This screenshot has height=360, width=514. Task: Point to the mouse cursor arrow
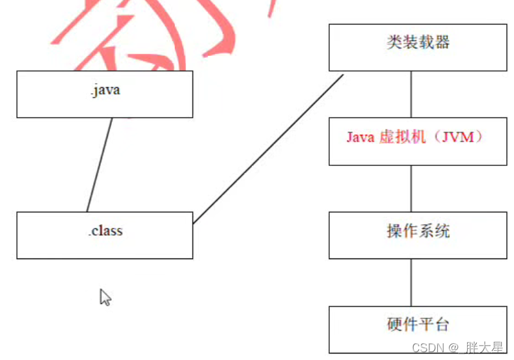click(104, 297)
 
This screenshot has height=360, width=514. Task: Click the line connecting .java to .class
click(100, 165)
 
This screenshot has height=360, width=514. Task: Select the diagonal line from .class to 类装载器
click(268, 148)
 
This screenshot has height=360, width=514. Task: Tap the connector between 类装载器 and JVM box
click(411, 94)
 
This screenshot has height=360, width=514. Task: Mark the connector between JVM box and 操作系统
click(411, 188)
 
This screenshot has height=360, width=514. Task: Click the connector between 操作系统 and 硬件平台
click(411, 282)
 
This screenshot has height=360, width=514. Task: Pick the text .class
click(105, 230)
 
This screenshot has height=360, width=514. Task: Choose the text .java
click(105, 90)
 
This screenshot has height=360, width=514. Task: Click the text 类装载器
click(417, 42)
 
